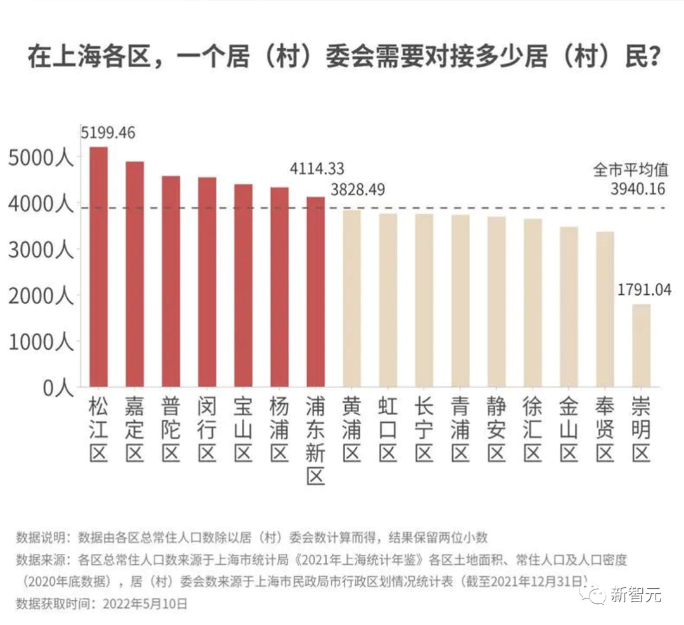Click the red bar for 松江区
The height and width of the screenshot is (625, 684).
[98, 266]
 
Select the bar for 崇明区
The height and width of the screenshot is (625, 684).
[641, 345]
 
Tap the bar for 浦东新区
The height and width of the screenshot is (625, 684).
[315, 292]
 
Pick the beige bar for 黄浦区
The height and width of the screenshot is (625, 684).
[351, 298]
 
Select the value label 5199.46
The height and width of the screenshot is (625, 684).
[108, 133]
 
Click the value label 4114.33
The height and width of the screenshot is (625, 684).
[317, 169]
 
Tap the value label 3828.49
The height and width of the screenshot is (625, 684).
[358, 190]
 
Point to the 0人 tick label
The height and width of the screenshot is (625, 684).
[59, 388]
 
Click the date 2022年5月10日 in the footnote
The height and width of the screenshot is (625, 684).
[140, 603]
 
